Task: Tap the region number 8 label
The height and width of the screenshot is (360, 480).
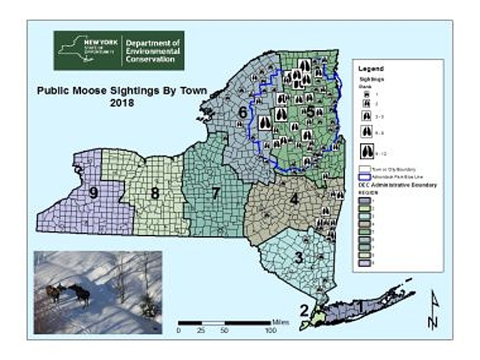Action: pos(154,193)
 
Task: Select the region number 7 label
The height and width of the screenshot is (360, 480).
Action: pos(215,193)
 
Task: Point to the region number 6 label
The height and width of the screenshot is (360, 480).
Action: pos(242,113)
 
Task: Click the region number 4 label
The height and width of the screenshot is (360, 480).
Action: pos(295,199)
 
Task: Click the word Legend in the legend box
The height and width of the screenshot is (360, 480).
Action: pos(372,67)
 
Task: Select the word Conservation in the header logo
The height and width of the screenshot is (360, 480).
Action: pos(152,61)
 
